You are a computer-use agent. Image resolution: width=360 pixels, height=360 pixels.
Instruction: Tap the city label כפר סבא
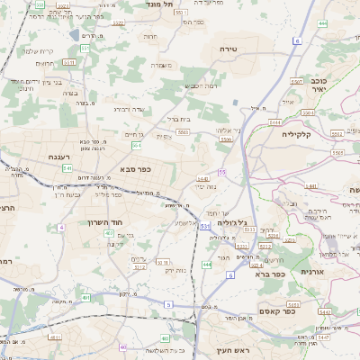tap(134, 168)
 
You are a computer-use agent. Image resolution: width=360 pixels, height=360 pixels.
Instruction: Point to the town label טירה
tap(228, 49)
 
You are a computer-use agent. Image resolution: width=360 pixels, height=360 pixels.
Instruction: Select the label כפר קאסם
tap(267, 310)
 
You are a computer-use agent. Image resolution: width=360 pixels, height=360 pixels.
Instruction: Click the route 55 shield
tap(221, 172)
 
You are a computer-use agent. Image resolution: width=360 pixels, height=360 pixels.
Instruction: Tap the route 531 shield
tap(205, 225)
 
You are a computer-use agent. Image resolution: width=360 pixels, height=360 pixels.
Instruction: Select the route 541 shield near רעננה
tap(67, 167)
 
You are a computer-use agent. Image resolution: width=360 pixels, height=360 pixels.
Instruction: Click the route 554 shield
tap(136, 145)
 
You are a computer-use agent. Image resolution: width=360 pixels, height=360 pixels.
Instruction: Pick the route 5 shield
tap(167, 305)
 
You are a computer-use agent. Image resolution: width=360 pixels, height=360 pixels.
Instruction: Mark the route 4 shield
tap(61, 228)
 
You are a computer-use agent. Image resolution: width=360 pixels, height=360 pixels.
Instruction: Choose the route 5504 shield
tap(225, 139)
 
